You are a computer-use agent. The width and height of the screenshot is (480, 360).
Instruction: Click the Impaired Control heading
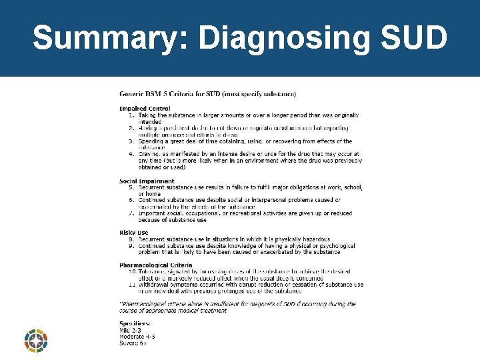pos(145,109)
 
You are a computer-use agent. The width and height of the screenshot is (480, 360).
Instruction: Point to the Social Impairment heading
pos(147,181)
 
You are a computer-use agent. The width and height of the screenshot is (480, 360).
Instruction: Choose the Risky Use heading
pos(133,233)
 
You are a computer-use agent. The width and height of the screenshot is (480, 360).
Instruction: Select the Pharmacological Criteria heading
pos(155,265)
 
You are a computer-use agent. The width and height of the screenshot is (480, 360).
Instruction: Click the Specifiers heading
pos(135,323)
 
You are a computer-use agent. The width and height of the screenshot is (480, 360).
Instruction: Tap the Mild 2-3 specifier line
pos(130,330)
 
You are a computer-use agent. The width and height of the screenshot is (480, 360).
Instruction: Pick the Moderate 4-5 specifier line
pos(137,337)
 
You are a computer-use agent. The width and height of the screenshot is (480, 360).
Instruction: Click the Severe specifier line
pos(133,343)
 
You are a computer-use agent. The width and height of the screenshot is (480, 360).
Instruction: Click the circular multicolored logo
pos(35,341)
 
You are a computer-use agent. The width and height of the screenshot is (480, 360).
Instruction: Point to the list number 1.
pos(132,115)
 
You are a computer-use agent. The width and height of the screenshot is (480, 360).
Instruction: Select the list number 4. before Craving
pos(132,155)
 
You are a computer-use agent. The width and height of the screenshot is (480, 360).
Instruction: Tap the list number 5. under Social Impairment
pos(132,187)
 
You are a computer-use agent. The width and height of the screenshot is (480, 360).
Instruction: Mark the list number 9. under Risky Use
pos(132,245)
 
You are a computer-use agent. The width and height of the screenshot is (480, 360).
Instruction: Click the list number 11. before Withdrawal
pos(132,285)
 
